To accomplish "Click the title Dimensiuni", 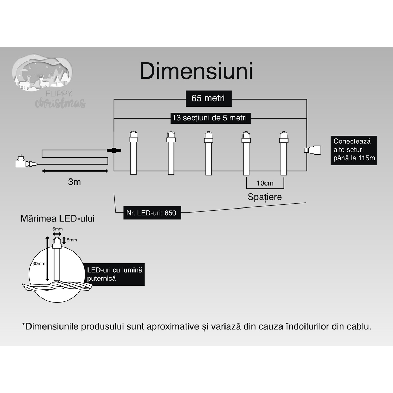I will click(x=196, y=71).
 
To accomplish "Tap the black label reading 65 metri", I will click(x=208, y=98).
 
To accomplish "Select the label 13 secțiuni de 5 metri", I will click(x=210, y=118).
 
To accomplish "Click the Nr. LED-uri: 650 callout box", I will click(x=152, y=213).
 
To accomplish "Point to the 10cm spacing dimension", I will click(x=265, y=183).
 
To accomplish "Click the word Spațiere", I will click(x=265, y=197).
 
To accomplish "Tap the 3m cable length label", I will click(x=74, y=182).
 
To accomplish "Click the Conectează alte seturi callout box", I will click(x=354, y=150).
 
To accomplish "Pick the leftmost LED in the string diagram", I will click(x=133, y=153).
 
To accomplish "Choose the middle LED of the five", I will click(x=208, y=153).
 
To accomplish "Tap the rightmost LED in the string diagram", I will click(x=283, y=153).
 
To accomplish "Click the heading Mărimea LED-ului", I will click(x=57, y=218).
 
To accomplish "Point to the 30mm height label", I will click(x=39, y=263).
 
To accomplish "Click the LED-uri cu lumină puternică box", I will click(x=115, y=274).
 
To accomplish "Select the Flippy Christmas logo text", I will click(x=60, y=101).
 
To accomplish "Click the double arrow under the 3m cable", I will click(x=75, y=171).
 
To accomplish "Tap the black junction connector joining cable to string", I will click(x=114, y=150).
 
